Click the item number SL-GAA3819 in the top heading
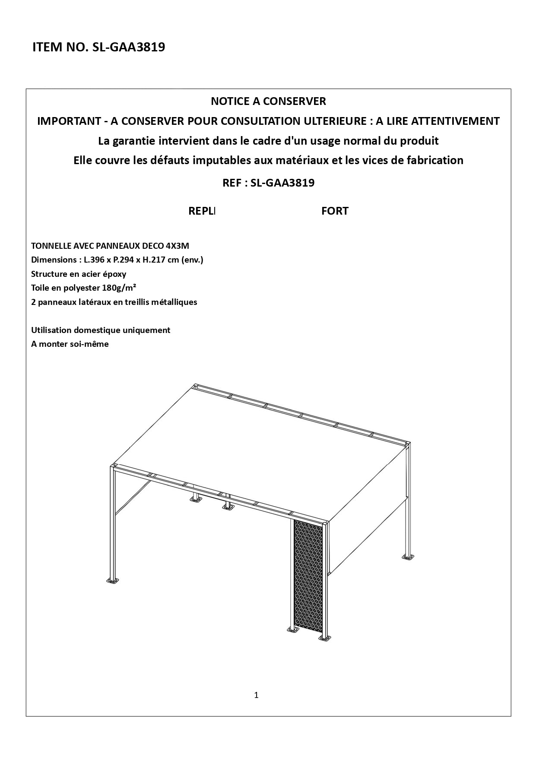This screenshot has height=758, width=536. (129, 47)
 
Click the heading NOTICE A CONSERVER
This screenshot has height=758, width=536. (268, 101)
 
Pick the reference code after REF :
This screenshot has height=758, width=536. (282, 183)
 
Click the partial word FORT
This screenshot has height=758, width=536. (335, 211)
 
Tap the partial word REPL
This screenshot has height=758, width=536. (202, 211)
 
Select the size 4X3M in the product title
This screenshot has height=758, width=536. (177, 246)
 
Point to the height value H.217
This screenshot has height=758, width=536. (163, 260)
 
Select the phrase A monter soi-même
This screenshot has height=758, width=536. (70, 344)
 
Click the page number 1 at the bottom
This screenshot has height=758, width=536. (257, 695)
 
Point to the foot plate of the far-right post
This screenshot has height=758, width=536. (407, 557)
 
